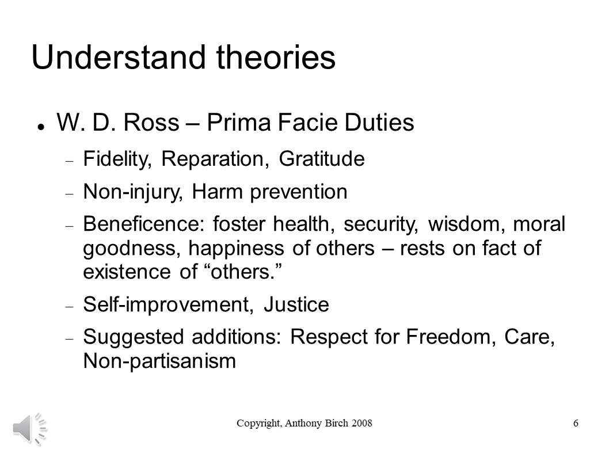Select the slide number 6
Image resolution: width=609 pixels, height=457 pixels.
coord(576,424)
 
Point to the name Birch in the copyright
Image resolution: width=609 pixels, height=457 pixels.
coord(333,424)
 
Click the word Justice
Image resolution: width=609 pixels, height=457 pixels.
coord(296,304)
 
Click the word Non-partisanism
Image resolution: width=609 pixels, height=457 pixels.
coord(159,361)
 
